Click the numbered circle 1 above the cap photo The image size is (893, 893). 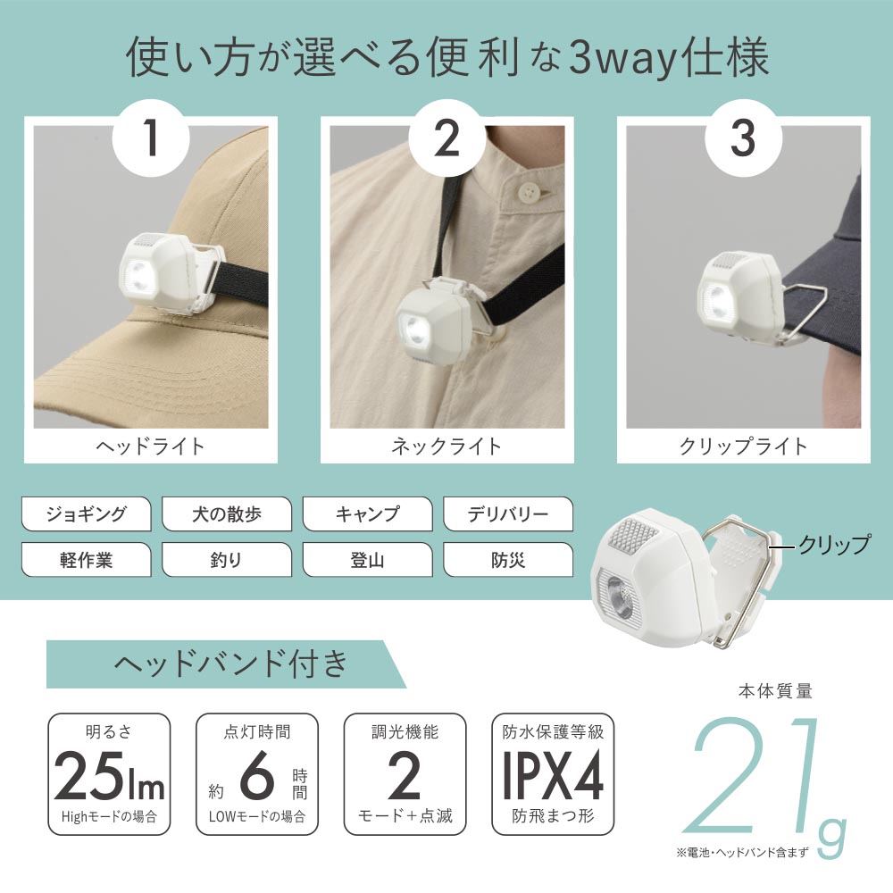coord(151,138)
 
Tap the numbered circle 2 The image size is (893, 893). coord(447,138)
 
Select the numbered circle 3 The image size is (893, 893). coord(743,138)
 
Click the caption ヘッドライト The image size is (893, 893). coord(150,446)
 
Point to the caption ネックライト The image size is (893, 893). coord(446,446)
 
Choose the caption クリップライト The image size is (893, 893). coord(743,446)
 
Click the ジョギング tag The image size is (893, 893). coord(86,513)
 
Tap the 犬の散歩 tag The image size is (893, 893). coord(227,513)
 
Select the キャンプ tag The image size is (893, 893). coord(367,513)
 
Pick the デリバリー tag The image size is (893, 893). coord(508,513)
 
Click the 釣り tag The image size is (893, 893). coord(227,560)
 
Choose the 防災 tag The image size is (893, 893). coord(508,560)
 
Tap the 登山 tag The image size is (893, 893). coord(367,560)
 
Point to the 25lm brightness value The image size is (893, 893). coord(109,776)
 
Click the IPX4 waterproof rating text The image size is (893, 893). coord(553,776)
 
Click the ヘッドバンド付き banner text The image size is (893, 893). coord(230,663)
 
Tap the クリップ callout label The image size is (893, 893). coord(834,545)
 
